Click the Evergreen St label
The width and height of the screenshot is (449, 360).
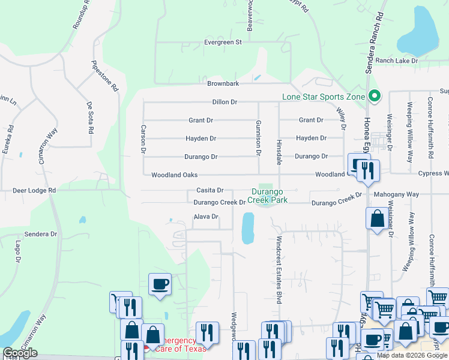[222, 43]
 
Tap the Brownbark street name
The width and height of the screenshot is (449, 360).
[223, 83]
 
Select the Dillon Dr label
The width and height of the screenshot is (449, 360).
[225, 103]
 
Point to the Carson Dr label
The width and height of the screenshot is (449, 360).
[143, 139]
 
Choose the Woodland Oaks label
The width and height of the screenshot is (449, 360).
[175, 175]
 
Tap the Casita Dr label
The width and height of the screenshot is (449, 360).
[210, 190]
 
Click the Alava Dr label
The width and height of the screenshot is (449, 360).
[205, 217]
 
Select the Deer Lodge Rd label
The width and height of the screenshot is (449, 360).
[34, 190]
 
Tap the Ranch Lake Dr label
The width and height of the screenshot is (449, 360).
[397, 61]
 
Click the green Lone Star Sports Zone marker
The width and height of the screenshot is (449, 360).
[376, 96]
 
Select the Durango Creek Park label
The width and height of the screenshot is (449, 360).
[269, 196]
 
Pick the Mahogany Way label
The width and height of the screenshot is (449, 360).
[396, 194]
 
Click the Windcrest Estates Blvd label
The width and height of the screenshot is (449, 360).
[279, 269]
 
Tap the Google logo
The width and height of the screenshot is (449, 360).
[20, 353]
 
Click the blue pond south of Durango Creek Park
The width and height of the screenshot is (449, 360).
[247, 229]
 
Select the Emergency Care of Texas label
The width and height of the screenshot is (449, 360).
[180, 344]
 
